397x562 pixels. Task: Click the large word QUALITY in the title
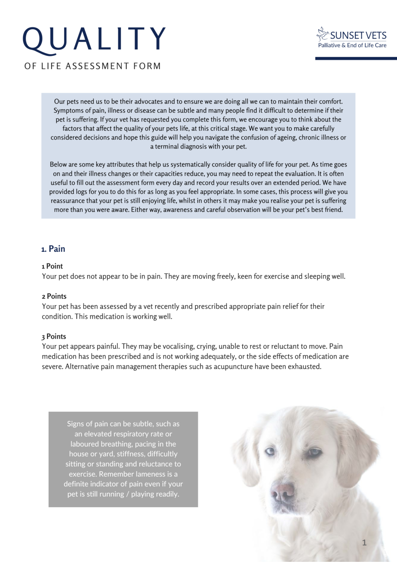(94, 39)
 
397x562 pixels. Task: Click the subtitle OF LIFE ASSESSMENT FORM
(92, 66)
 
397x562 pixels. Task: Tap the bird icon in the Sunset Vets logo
(322, 34)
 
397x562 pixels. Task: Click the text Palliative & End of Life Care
(352, 45)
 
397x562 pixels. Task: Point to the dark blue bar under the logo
(356, 58)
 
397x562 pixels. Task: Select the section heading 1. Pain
(53, 249)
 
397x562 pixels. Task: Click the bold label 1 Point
(52, 266)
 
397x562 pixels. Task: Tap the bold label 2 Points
(54, 296)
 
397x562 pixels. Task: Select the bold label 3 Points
(54, 337)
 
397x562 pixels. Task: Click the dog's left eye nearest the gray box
(270, 451)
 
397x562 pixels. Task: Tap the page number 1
(364, 543)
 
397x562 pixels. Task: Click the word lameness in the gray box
(150, 474)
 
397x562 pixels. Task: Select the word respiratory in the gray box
(141, 434)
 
